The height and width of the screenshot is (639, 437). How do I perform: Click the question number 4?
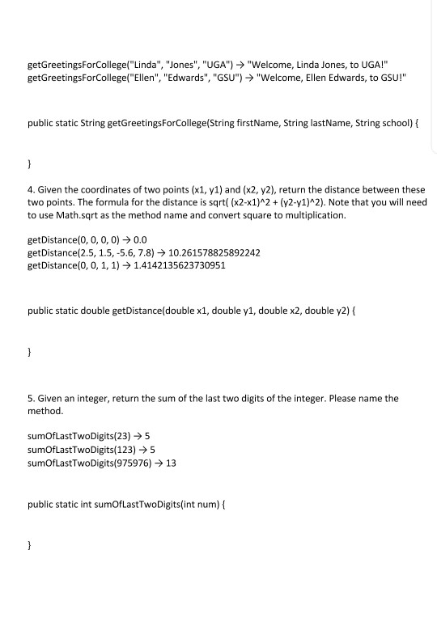[31, 189]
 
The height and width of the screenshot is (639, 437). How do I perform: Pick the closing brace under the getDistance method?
[30, 353]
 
